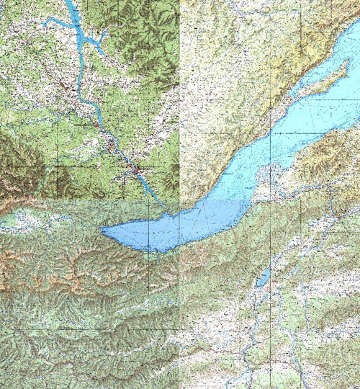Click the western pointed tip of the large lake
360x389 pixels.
click(103, 231)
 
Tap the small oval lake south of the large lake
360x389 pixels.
click(264, 277)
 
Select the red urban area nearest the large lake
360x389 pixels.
click(135, 171)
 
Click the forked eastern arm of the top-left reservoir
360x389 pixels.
click(101, 40)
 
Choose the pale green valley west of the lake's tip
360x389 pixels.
click(50, 220)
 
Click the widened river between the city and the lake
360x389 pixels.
click(153, 191)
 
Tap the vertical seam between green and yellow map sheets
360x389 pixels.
click(179, 108)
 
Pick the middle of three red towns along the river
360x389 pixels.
click(112, 148)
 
